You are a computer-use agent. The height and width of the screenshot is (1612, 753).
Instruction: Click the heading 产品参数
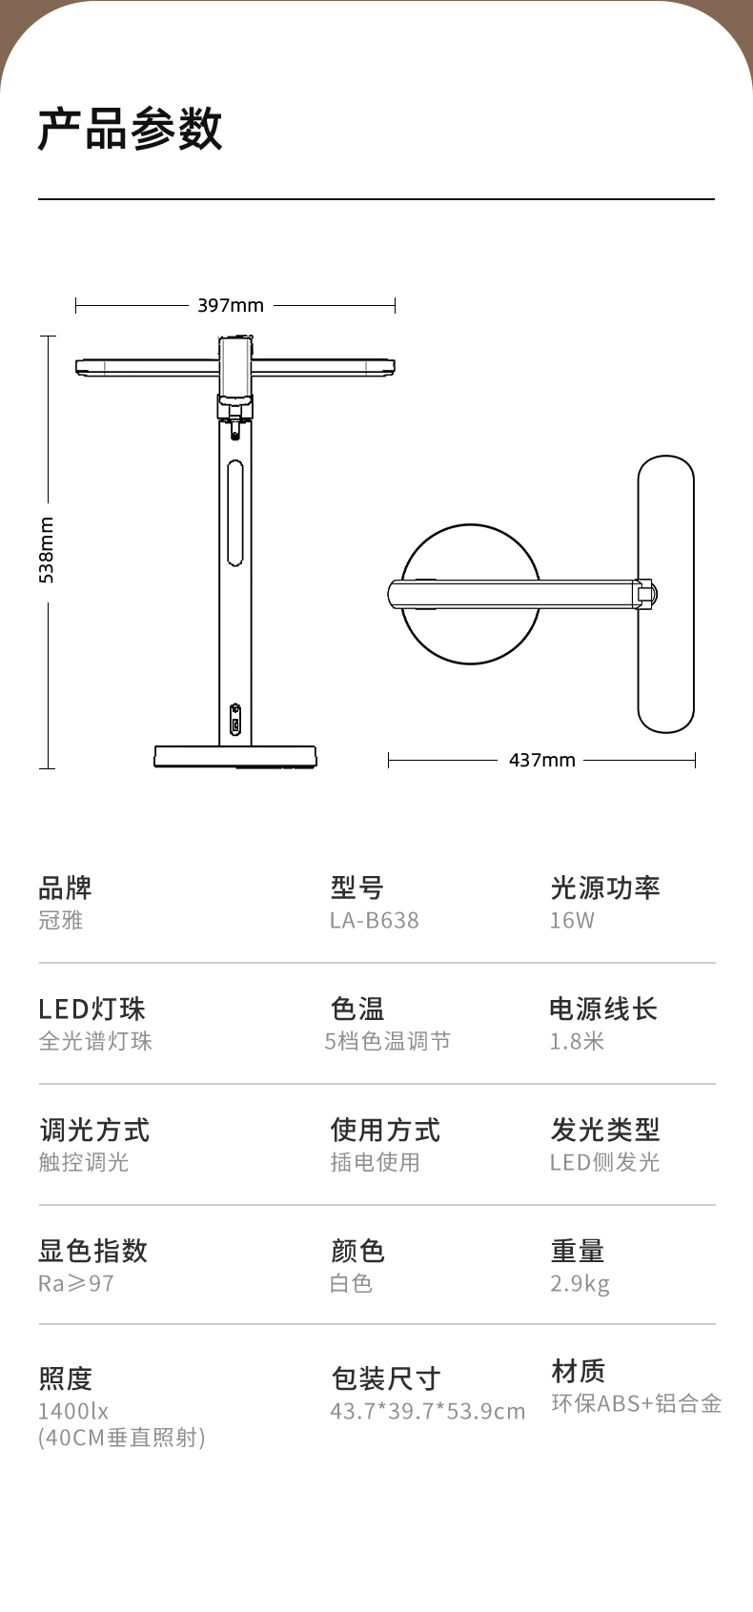(131, 129)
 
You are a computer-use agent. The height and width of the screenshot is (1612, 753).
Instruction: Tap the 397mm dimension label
(231, 305)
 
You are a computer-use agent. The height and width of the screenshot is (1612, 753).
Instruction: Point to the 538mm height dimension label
(46, 550)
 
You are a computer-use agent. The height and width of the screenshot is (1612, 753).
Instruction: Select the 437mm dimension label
(542, 760)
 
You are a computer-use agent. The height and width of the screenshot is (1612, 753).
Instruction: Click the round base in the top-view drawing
(470, 594)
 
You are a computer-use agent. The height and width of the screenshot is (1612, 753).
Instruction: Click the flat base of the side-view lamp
(235, 757)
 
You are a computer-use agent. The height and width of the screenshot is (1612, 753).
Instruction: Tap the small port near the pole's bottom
(234, 721)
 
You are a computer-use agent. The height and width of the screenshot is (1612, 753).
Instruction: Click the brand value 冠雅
(61, 920)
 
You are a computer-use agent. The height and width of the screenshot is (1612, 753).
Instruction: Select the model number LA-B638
(375, 920)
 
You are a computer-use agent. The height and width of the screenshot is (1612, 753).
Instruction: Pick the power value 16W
(572, 920)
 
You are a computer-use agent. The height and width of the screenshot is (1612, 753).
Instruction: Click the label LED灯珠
(92, 1009)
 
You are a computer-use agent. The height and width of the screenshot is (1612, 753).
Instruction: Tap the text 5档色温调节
(388, 1041)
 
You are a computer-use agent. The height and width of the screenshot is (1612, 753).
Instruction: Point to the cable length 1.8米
(577, 1041)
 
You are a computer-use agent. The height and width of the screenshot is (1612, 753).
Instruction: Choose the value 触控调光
(84, 1162)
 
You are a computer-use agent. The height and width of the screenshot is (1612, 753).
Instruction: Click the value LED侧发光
(605, 1162)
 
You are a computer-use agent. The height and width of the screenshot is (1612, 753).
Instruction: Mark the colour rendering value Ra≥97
(76, 1283)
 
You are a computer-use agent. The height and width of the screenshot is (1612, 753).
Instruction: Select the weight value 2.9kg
(580, 1283)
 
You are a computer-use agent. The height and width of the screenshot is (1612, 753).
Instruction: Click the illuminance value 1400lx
(73, 1411)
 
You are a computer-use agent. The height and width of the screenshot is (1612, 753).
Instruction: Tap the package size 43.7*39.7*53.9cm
(428, 1411)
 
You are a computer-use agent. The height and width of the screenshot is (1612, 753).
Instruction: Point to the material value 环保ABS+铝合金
(637, 1403)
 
